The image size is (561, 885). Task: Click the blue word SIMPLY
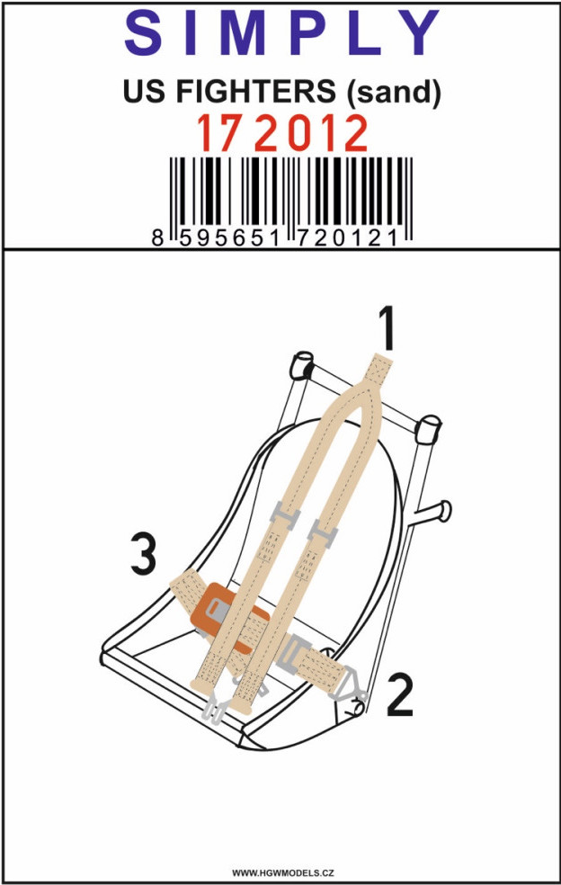pos(281,32)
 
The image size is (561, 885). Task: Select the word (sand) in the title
pos(393,92)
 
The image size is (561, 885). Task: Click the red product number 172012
pos(281,134)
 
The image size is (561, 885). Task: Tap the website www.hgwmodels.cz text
pos(283,873)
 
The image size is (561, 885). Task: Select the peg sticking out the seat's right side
pos(432,512)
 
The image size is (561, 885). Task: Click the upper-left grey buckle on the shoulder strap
pos(284,514)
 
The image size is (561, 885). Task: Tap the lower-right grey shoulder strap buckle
pos(322,533)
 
